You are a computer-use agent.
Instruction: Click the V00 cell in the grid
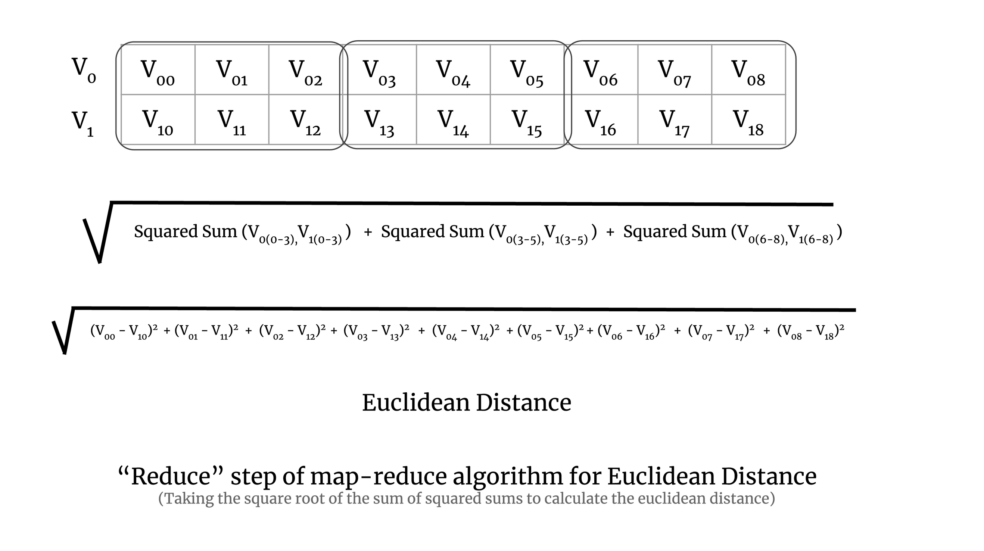click(158, 70)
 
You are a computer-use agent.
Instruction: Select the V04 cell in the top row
click(453, 70)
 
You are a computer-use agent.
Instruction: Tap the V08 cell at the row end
click(748, 70)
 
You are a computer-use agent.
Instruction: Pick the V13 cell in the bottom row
click(379, 119)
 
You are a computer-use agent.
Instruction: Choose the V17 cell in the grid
click(675, 119)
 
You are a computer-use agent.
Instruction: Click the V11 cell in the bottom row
click(232, 119)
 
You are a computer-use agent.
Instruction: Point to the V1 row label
click(83, 123)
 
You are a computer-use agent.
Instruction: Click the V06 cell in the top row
click(601, 70)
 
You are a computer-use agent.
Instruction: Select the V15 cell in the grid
click(527, 119)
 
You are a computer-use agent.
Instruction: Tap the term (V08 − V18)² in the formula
click(810, 331)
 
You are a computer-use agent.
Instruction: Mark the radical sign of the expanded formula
click(63, 333)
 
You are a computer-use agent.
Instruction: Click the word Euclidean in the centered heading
click(415, 403)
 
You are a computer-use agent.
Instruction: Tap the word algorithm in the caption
click(508, 476)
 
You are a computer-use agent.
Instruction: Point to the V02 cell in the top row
click(306, 70)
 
